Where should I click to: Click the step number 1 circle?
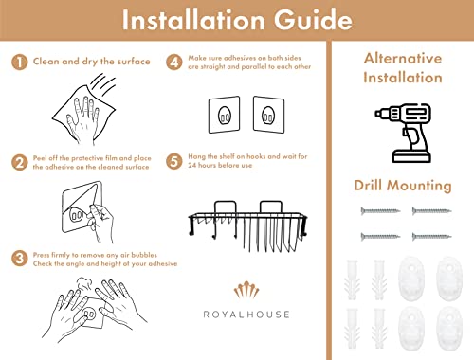coord(20,62)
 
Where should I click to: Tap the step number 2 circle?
coord(20,163)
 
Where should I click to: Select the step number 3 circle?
coord(20,259)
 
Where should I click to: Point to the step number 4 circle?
coord(174,62)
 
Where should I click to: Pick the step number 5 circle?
coord(174,161)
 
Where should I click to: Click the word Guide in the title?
coord(313,20)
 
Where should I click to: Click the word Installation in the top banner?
coord(193,20)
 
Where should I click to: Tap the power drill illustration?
coord(404,133)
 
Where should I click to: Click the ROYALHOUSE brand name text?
coord(246,315)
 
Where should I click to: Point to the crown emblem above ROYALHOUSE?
coord(246,291)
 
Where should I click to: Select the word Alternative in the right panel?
coord(403,59)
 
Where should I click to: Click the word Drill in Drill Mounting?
coord(369,185)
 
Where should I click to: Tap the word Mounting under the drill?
coord(420,186)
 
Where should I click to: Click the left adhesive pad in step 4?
coord(224,115)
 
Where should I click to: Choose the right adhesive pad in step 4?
coord(268,115)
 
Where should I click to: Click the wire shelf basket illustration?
coord(247,226)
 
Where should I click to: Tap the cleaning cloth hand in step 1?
coord(84,111)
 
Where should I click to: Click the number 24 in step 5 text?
coord(192,165)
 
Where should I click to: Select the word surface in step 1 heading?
coord(134,62)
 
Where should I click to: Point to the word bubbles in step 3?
coord(144,255)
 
